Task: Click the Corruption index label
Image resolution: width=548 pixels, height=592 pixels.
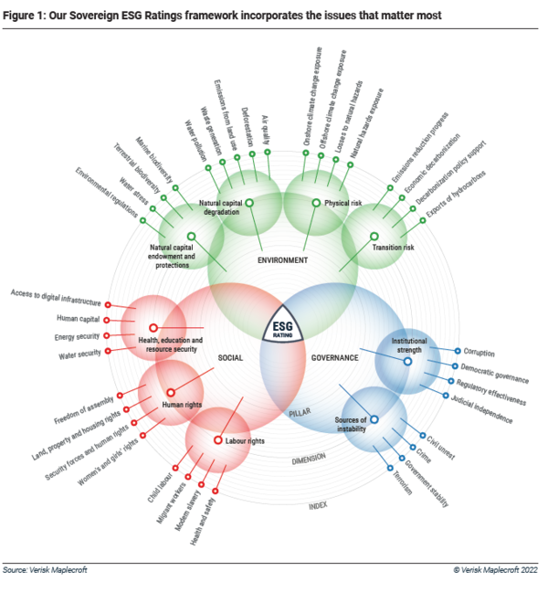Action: (479, 352)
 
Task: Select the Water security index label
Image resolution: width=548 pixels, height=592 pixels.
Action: (78, 352)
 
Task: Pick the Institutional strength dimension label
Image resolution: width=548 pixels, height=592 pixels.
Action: (408, 345)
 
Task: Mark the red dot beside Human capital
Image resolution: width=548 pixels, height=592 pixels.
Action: (108, 321)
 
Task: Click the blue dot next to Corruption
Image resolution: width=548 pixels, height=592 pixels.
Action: (457, 351)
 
